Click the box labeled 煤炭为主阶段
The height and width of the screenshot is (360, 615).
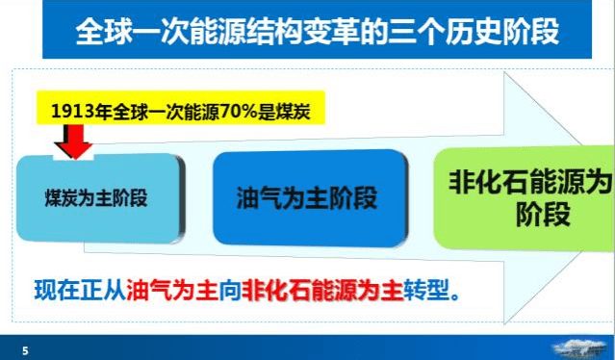(99, 197)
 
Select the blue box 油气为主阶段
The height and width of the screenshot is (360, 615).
(306, 197)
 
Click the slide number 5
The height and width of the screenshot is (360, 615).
(25, 350)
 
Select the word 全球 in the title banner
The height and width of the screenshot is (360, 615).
(102, 32)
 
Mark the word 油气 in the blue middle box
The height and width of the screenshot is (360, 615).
(258, 197)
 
